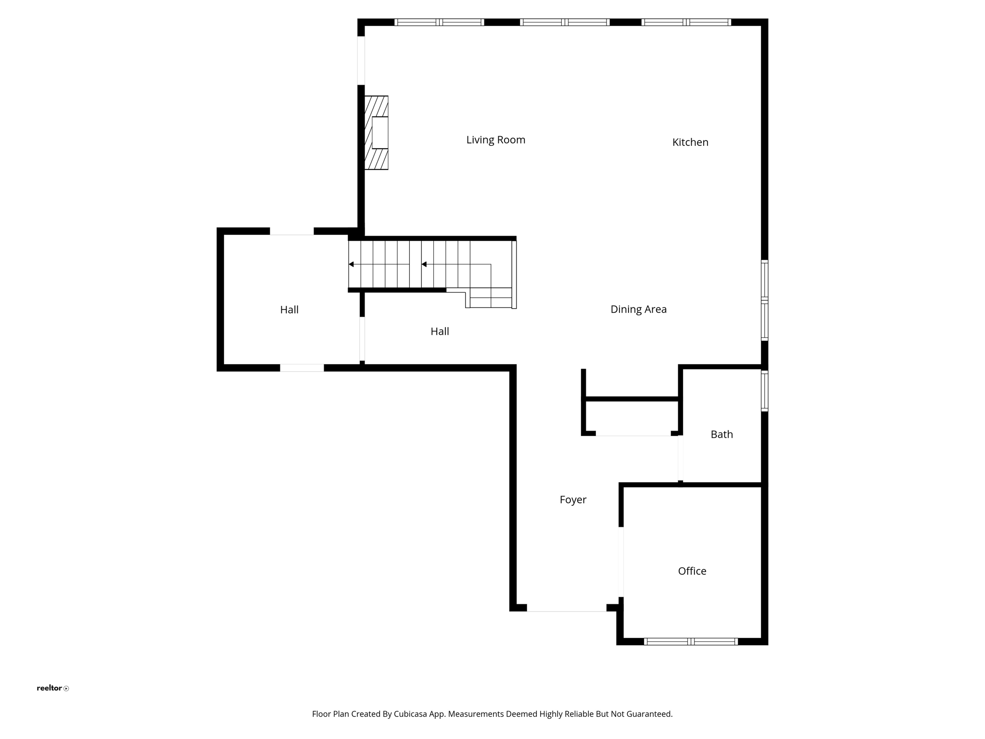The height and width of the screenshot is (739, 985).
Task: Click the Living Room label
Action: click(495, 140)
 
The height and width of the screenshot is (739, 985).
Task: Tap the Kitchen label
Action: click(690, 142)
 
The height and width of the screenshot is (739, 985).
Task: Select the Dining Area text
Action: click(638, 309)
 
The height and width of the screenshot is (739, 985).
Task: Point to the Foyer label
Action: click(573, 500)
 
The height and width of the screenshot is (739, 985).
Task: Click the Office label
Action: click(692, 571)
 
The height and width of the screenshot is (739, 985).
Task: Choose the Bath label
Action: click(721, 434)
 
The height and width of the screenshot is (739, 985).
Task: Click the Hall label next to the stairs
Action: click(440, 331)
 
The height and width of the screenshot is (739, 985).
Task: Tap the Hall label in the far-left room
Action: click(289, 310)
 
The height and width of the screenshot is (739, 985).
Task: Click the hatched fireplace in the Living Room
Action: click(376, 133)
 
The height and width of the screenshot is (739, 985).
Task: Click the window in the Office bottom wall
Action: click(691, 641)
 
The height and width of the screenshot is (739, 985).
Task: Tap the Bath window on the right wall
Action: click(764, 391)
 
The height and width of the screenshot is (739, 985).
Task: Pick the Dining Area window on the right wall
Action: click(764, 300)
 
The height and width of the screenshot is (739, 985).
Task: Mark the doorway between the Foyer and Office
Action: click(621, 562)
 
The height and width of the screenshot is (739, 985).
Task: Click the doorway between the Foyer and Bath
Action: click(681, 458)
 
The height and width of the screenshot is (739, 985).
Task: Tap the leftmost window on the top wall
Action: click(439, 22)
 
